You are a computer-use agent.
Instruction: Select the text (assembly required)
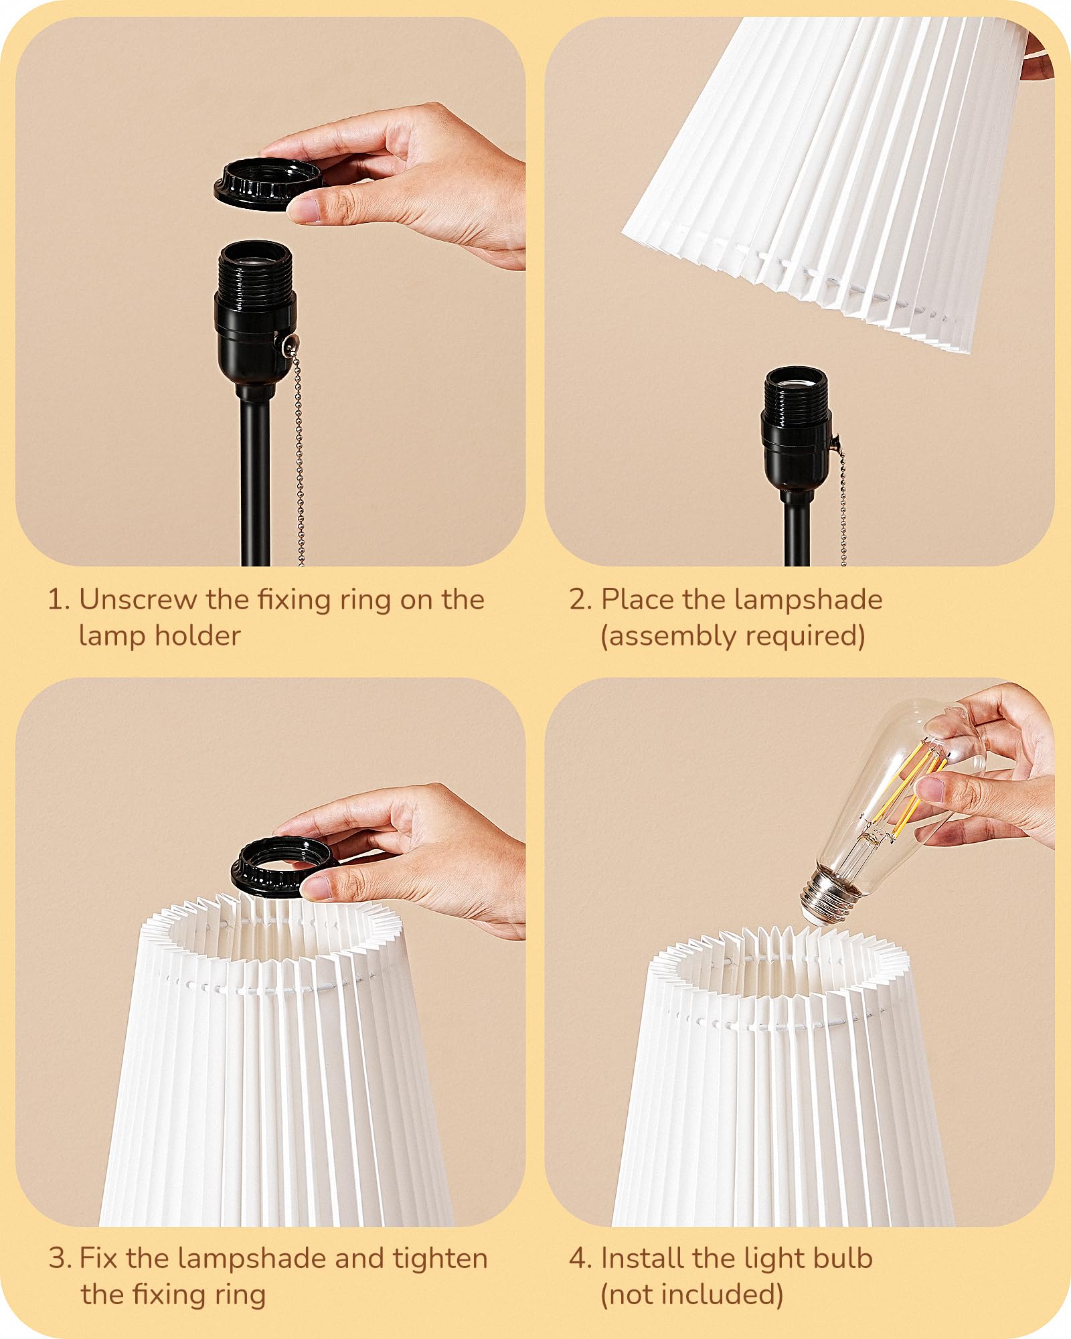pyautogui.click(x=733, y=635)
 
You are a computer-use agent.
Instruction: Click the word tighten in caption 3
pyautogui.click(x=440, y=1259)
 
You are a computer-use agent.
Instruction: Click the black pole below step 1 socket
pyautogui.click(x=255, y=482)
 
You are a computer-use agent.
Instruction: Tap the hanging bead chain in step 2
pyautogui.click(x=842, y=509)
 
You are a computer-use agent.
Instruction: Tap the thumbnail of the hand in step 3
pyautogui.click(x=315, y=889)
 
